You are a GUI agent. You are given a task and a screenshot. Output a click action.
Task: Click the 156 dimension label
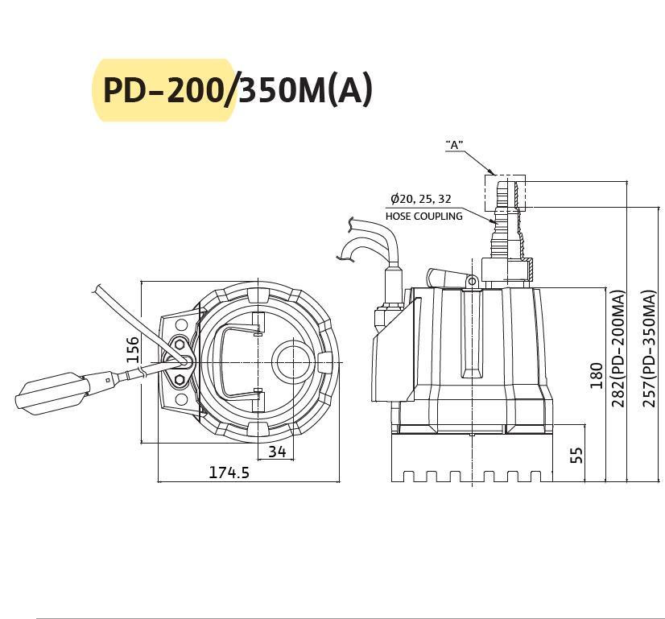(x=133, y=350)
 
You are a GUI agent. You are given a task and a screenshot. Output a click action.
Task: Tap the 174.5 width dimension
(x=229, y=472)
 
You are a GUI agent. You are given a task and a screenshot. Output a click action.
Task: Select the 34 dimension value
(x=277, y=452)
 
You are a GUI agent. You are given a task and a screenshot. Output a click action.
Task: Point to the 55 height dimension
(x=576, y=456)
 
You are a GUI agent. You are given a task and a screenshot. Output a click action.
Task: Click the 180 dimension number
(x=597, y=376)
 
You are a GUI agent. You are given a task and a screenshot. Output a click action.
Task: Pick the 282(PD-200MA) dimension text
(x=618, y=349)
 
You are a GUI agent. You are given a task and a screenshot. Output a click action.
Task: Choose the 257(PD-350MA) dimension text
(x=650, y=349)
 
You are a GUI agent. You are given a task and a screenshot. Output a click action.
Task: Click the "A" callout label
(x=454, y=145)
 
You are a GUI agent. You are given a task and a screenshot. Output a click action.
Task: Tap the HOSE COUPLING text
(x=424, y=217)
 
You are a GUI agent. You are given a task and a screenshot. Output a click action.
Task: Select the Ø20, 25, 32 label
(x=421, y=199)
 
